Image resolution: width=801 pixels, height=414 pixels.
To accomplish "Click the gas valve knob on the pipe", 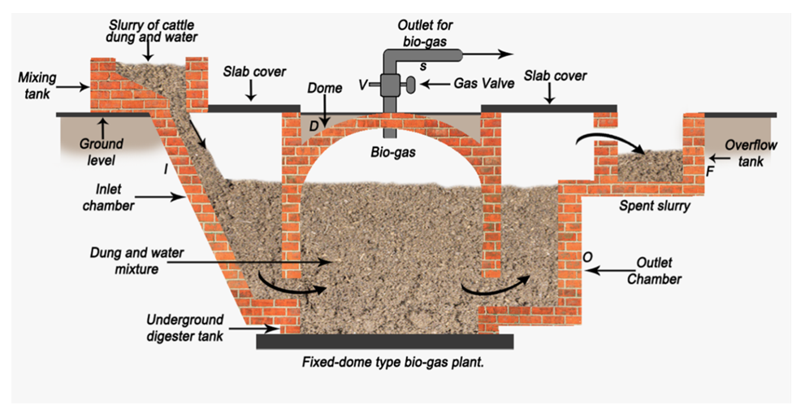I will [412, 84].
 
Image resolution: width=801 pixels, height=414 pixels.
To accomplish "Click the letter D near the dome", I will [312, 124].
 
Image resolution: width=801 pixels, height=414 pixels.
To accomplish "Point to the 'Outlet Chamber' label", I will [665, 271].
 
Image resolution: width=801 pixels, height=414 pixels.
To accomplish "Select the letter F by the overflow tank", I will [709, 172].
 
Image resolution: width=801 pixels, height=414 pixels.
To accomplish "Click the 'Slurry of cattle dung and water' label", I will [149, 30].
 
